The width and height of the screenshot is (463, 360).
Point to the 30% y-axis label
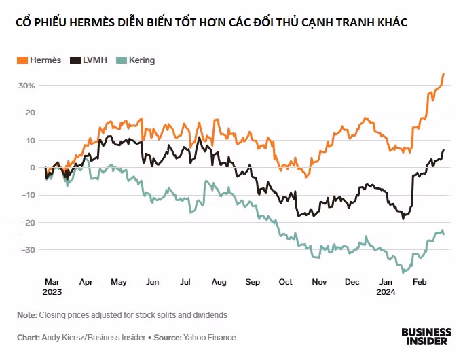coord(26,86)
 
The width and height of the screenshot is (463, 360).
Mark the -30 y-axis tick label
coord(28,250)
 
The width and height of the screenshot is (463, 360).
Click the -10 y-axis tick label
coord(28,195)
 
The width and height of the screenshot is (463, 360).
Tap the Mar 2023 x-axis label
coord(53,286)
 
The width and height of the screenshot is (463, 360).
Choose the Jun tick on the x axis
coord(152,281)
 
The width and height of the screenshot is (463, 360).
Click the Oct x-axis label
coord(285,281)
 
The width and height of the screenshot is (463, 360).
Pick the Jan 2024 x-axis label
coord(386,286)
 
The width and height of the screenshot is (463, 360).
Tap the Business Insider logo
coord(426,336)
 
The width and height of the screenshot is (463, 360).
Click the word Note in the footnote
coord(27,315)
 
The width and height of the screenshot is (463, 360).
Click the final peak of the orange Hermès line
coord(443,73)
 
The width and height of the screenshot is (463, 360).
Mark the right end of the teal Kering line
coord(444,234)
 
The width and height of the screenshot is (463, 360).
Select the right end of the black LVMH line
coord(444,149)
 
